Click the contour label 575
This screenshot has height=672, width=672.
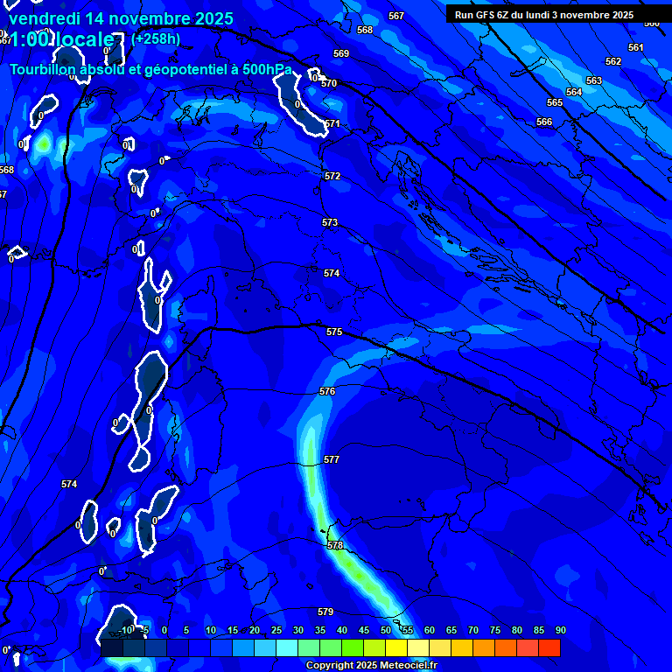333,332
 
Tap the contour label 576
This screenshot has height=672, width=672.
327,391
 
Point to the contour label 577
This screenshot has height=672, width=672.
331,459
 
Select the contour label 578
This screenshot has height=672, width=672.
335,545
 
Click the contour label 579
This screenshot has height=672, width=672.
325,612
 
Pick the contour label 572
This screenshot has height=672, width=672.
332,176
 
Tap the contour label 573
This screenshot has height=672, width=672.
329,223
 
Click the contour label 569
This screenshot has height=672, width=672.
341,53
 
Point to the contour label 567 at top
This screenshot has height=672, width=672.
396,16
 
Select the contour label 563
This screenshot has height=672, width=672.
594,80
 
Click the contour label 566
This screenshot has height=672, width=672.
544,122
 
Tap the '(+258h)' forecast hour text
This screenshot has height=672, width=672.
156,39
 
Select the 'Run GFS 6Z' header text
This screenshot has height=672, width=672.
485,15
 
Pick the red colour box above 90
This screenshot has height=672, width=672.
549,647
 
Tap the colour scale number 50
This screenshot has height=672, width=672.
386,631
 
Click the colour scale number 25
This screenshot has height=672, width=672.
276,631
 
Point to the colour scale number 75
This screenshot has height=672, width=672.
495,631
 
